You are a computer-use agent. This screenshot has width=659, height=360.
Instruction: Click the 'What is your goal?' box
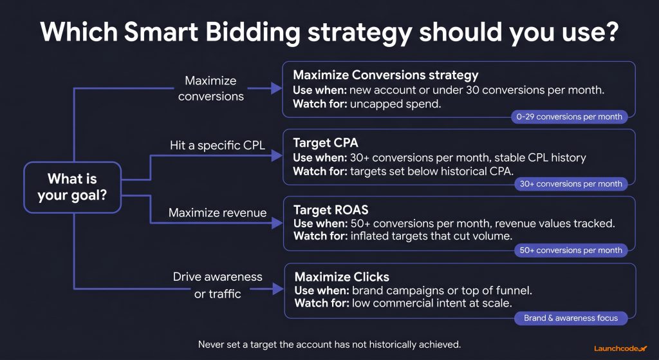click(x=71, y=187)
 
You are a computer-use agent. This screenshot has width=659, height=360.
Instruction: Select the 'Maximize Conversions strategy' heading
click(x=385, y=75)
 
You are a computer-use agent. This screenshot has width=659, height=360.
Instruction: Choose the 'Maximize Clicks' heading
click(x=342, y=277)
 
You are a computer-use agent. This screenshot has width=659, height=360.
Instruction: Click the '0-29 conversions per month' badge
click(x=570, y=117)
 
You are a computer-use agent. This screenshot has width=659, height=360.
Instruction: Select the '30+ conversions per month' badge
click(x=570, y=184)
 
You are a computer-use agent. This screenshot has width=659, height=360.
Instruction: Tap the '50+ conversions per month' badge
click(x=570, y=250)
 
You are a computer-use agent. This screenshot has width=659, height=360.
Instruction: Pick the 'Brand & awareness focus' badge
click(x=570, y=317)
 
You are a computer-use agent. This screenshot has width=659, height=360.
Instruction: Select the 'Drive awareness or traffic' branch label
click(x=218, y=285)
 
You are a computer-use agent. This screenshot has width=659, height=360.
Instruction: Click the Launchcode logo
click(x=620, y=348)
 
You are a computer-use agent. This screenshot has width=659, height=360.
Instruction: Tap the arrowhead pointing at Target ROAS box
click(x=278, y=223)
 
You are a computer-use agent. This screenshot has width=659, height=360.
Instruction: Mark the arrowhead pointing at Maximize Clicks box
click(x=278, y=290)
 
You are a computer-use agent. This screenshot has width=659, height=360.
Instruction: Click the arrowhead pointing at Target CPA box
click(x=278, y=156)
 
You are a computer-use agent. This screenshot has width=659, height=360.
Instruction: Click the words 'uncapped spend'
click(x=396, y=103)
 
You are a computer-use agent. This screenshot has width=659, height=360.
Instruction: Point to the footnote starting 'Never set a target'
click(x=329, y=344)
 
